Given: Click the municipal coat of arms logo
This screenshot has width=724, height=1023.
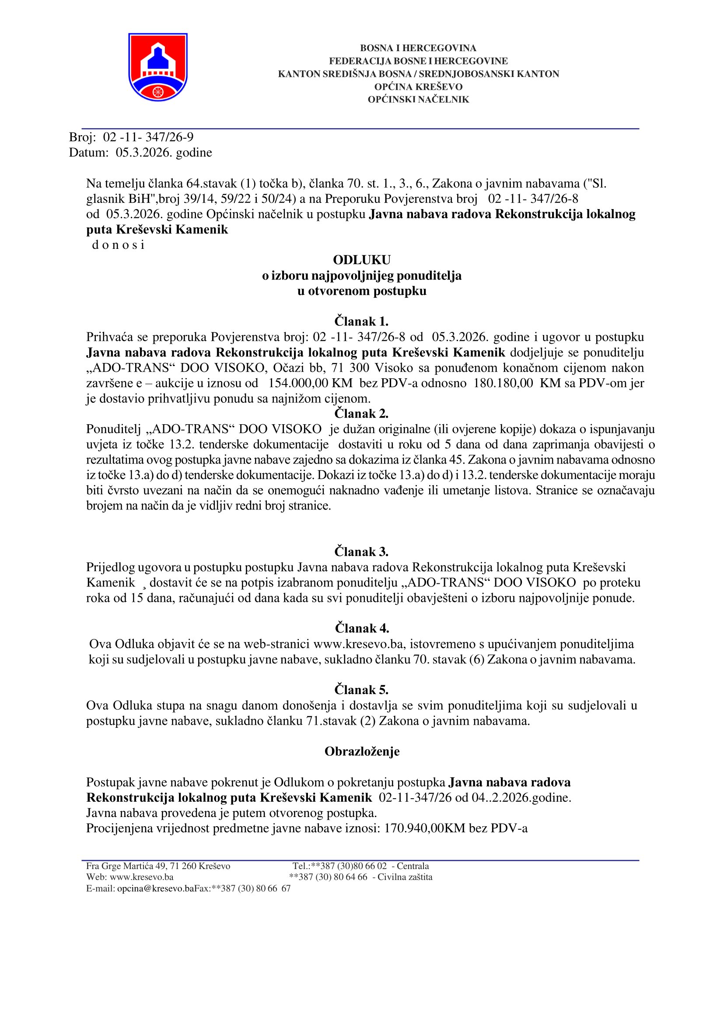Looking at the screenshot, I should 158,67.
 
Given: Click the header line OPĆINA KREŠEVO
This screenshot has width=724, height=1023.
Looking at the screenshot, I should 418,87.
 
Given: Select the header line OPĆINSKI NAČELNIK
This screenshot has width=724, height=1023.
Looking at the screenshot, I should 418,100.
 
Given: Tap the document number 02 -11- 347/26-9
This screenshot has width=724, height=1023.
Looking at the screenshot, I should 148,137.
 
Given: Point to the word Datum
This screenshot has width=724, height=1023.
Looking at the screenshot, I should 88,153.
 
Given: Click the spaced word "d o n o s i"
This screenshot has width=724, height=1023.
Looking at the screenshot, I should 118,245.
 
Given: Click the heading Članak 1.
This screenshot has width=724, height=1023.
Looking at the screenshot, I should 361,321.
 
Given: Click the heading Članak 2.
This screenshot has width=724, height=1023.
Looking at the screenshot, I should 361,414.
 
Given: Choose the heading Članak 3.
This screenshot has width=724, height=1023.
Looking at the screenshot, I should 361,552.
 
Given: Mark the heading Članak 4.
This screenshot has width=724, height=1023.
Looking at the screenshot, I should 361,628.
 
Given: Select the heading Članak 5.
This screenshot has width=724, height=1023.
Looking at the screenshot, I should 361,690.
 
